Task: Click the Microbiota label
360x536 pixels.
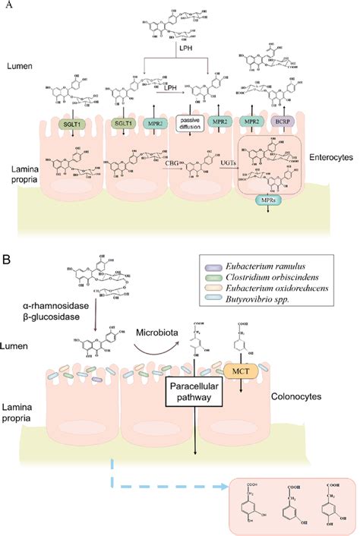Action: click(x=158, y=333)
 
